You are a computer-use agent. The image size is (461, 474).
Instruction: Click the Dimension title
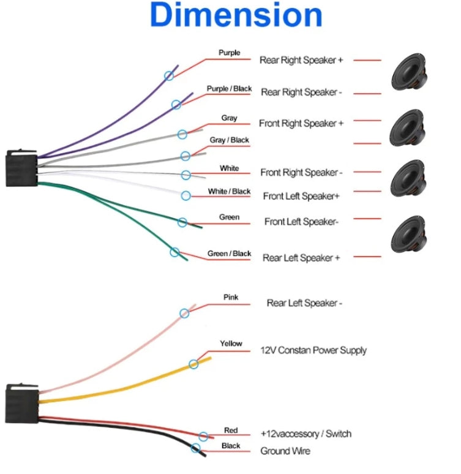tap(236, 16)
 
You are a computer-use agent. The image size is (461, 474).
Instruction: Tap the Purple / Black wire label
tap(229, 89)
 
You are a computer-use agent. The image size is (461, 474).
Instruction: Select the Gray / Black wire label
tap(229, 140)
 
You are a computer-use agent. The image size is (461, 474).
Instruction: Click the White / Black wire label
tap(229, 192)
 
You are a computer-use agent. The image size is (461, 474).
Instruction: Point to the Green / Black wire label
tap(229, 254)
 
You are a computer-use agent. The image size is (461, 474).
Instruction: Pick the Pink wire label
tap(231, 298)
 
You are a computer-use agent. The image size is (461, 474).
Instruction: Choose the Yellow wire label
tap(231, 344)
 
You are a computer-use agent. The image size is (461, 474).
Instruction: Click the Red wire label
tap(231, 431)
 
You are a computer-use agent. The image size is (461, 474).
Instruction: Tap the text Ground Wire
tap(285, 451)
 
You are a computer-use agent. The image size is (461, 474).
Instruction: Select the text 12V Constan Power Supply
tap(313, 351)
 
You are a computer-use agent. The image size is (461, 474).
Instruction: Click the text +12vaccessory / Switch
tap(306, 434)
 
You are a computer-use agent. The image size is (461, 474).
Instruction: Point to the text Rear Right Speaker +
tap(301, 61)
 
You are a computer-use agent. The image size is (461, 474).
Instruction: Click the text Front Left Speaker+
tap(301, 197)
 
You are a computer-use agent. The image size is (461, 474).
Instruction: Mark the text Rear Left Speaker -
tap(304, 303)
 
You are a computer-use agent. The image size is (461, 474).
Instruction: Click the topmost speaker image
tap(408, 71)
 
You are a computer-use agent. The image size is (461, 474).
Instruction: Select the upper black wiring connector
tap(21, 167)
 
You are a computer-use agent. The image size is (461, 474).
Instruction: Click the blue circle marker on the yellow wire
tap(193, 364)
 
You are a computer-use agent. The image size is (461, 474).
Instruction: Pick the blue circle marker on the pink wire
tap(184, 314)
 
